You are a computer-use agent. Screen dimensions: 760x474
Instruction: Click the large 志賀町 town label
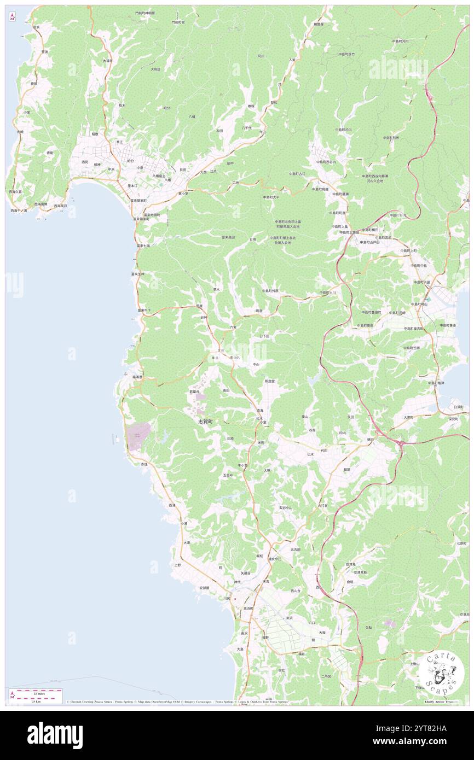tap(207, 422)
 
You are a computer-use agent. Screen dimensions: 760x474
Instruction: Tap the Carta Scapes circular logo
tap(442, 674)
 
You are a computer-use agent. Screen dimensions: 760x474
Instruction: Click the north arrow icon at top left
tap(12, 17)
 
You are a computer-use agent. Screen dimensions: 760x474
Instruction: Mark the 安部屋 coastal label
tap(204, 588)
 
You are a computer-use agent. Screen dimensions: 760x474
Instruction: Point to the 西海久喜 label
tap(15, 192)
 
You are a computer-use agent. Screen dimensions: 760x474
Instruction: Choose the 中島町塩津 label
tap(436, 383)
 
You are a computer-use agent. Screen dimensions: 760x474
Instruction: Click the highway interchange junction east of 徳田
tap(401, 442)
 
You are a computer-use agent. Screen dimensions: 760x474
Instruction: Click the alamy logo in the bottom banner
tap(55, 735)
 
